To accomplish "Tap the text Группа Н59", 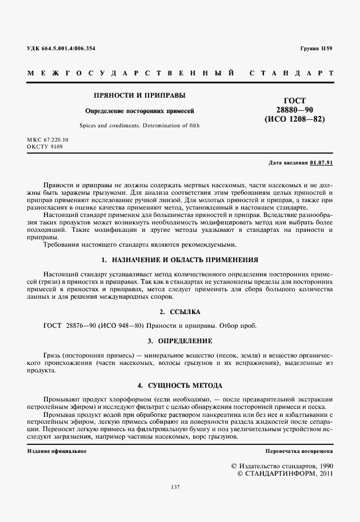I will click(x=316, y=48).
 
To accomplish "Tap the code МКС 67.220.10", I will click(x=47, y=140).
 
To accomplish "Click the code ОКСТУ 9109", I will click(x=45, y=147).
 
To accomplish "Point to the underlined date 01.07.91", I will click(x=321, y=163).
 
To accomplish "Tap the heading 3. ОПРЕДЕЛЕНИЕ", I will click(x=180, y=341).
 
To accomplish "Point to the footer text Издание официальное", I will click(x=57, y=451).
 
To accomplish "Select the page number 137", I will click(x=175, y=487).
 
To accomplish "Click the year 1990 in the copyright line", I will click(x=322, y=465).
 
